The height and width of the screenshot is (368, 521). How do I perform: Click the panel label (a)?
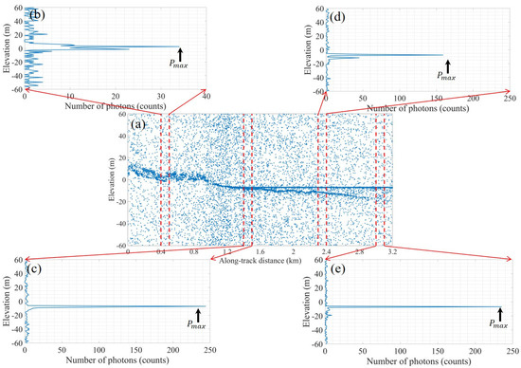pos(140,123)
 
